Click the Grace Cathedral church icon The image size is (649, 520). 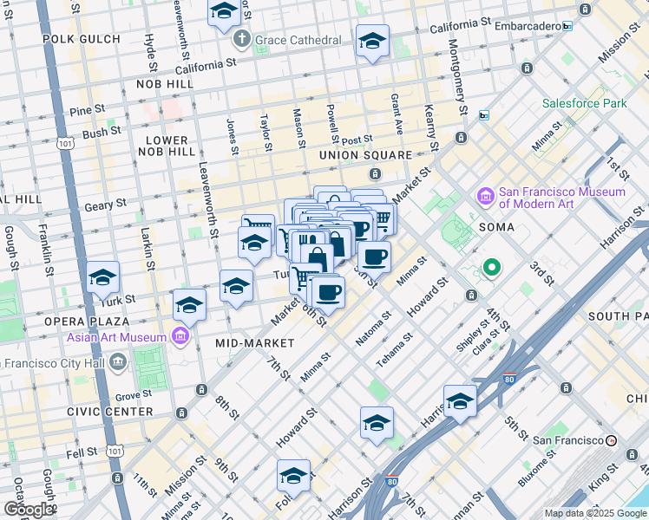tap(241, 40)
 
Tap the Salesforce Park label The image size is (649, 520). tap(584, 103)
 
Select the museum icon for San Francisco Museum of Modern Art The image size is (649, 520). tap(486, 198)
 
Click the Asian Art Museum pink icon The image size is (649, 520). tap(180, 336)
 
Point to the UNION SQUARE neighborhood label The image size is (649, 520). tap(364, 155)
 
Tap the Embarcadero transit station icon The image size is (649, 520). tap(567, 27)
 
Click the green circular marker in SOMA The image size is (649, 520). tap(491, 268)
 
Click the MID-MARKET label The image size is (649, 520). tap(255, 343)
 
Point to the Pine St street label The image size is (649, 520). tap(87, 110)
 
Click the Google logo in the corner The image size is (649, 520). tap(28, 509)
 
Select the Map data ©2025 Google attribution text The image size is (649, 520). tap(594, 513)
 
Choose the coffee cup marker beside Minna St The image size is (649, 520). tap(374, 257)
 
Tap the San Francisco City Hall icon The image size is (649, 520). tap(118, 361)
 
